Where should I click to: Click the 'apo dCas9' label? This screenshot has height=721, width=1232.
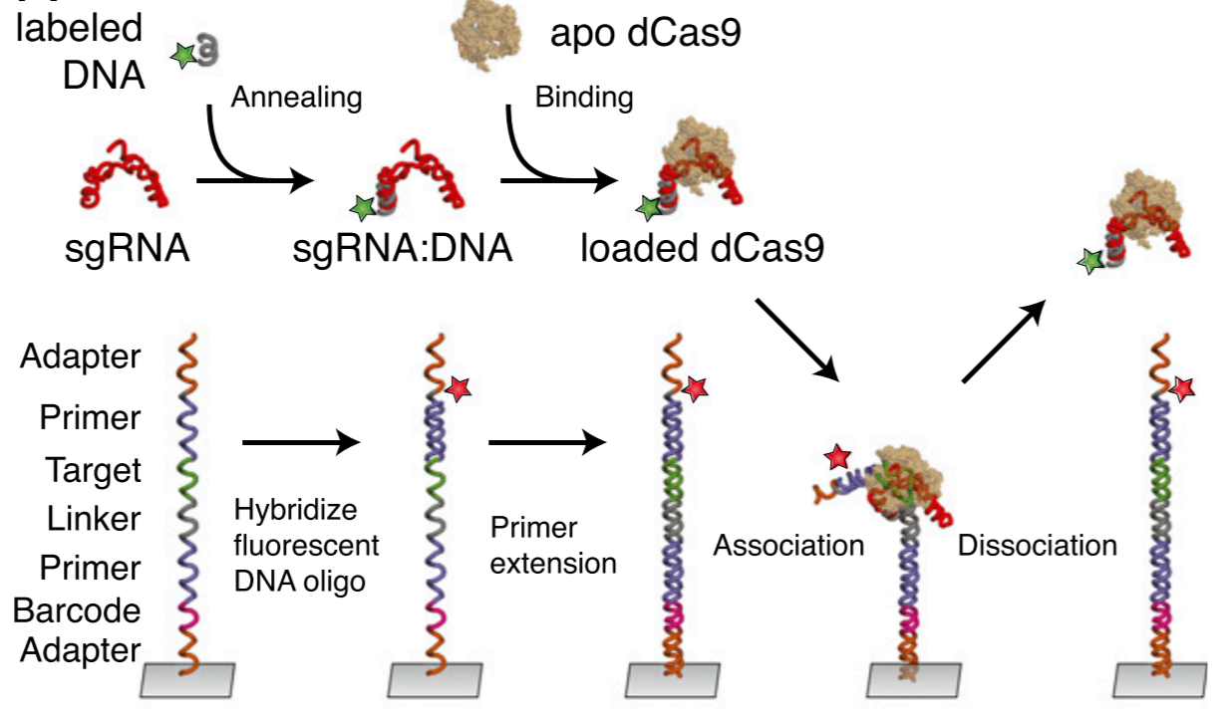[x=646, y=36]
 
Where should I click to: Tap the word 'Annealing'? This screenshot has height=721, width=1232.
[x=295, y=98]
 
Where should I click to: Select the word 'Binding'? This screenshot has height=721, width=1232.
[x=584, y=98]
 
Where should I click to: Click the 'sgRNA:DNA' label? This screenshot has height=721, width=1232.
[x=403, y=248]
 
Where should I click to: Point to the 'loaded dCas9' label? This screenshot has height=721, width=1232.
[x=703, y=248]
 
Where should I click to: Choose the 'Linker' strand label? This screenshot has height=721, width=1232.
[x=94, y=519]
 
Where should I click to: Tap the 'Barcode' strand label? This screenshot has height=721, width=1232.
[x=77, y=610]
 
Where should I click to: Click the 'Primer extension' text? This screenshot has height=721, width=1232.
[x=553, y=545]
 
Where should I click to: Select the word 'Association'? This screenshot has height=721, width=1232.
[x=787, y=546]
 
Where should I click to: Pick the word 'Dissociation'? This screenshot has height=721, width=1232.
[x=1037, y=546]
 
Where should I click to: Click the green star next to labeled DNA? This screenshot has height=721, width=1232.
[x=182, y=57]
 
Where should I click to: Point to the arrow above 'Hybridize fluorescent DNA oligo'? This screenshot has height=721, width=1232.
[x=300, y=441]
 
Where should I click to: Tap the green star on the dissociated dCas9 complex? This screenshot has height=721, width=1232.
[x=1092, y=262]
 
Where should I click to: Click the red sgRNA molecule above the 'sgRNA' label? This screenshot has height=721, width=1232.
[x=123, y=174]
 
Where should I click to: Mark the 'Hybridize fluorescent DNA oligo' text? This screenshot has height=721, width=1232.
[x=306, y=546]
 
